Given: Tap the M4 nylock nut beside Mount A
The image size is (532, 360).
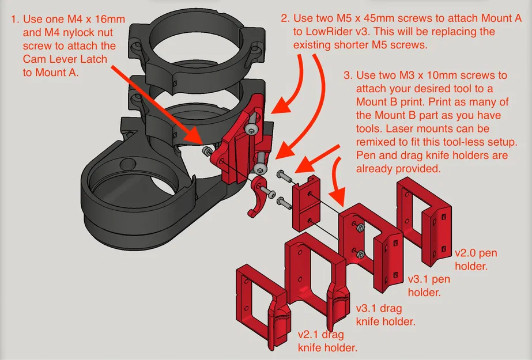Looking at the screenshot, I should (206, 151).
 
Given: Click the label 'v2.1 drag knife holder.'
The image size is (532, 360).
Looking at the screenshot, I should (327, 341).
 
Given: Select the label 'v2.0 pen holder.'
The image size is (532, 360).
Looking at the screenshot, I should (476, 260).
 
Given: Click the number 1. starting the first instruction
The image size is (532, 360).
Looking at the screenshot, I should (16, 19).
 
